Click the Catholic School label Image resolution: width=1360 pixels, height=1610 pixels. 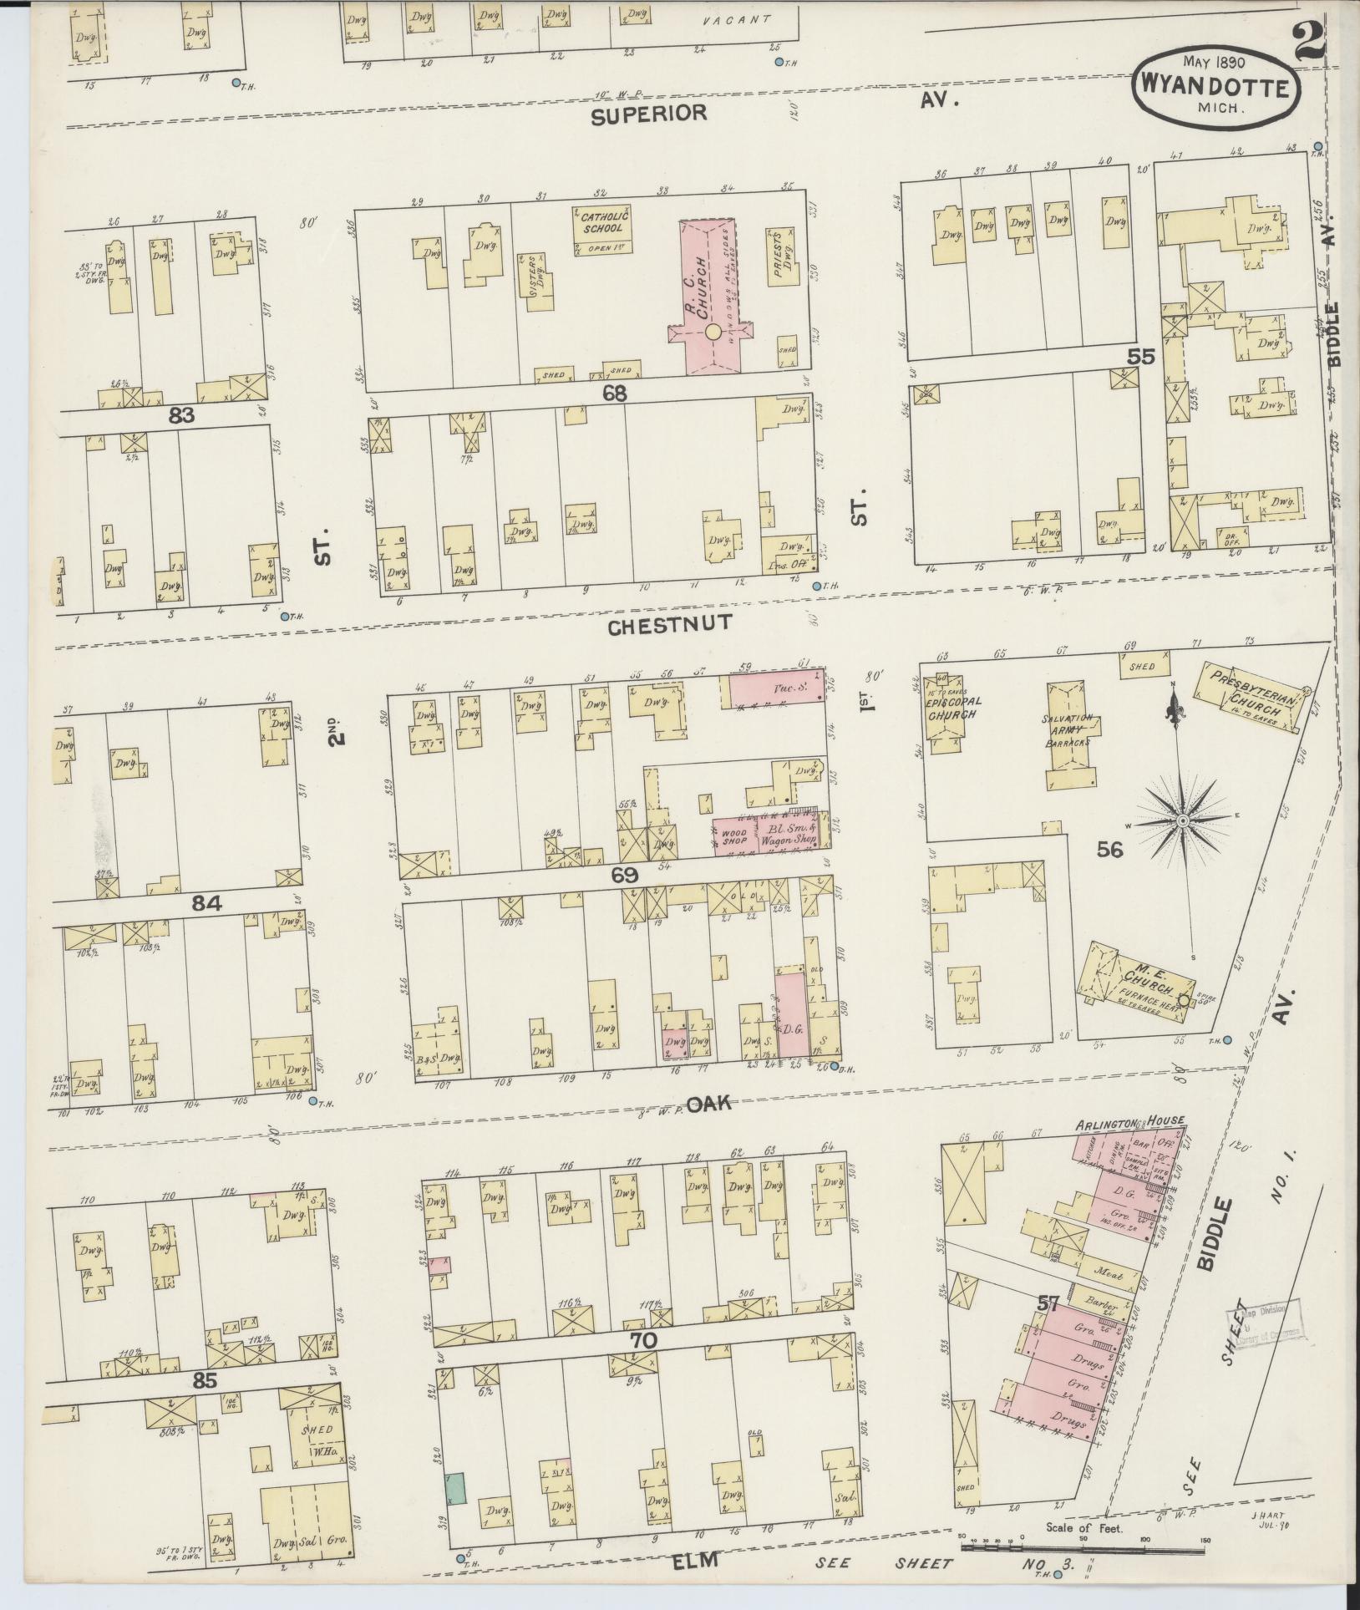601,222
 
